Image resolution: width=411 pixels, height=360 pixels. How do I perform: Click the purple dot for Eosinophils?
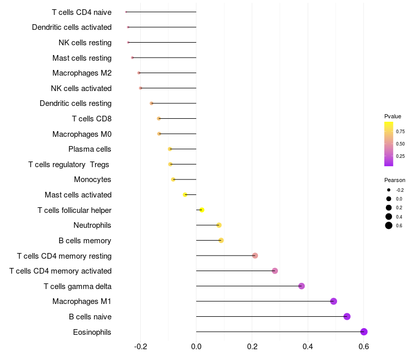[364, 332]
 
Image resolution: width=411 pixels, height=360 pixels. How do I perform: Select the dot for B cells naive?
[347, 316]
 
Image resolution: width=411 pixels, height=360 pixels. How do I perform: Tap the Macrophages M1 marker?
[333, 301]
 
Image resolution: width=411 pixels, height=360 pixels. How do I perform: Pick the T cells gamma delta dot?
[302, 286]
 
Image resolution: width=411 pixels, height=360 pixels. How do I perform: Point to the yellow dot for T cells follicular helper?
[202, 210]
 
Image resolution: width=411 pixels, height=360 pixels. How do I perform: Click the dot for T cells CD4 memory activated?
[275, 271]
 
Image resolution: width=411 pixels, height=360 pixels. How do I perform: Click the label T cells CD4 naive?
[82, 12]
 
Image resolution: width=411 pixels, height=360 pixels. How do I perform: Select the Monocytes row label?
[92, 179]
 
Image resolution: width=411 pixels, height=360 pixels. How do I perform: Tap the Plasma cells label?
[90, 149]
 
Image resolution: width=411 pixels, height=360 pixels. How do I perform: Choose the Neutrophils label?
[92, 225]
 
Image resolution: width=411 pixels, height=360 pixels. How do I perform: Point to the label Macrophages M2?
[82, 73]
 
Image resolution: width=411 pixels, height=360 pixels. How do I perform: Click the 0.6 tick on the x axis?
[364, 347]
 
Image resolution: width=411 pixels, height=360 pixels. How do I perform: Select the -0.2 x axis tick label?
[140, 347]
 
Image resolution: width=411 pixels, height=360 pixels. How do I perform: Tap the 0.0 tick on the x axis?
[196, 347]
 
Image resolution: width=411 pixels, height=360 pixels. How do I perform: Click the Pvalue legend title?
[393, 116]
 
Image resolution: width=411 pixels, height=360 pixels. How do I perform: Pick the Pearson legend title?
[395, 180]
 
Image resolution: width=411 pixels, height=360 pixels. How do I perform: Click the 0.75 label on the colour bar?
[400, 131]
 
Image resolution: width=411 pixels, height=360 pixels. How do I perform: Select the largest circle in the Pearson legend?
[389, 226]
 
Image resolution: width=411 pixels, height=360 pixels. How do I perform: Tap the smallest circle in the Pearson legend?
[389, 190]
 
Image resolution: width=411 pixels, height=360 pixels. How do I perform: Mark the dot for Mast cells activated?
[185, 194]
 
